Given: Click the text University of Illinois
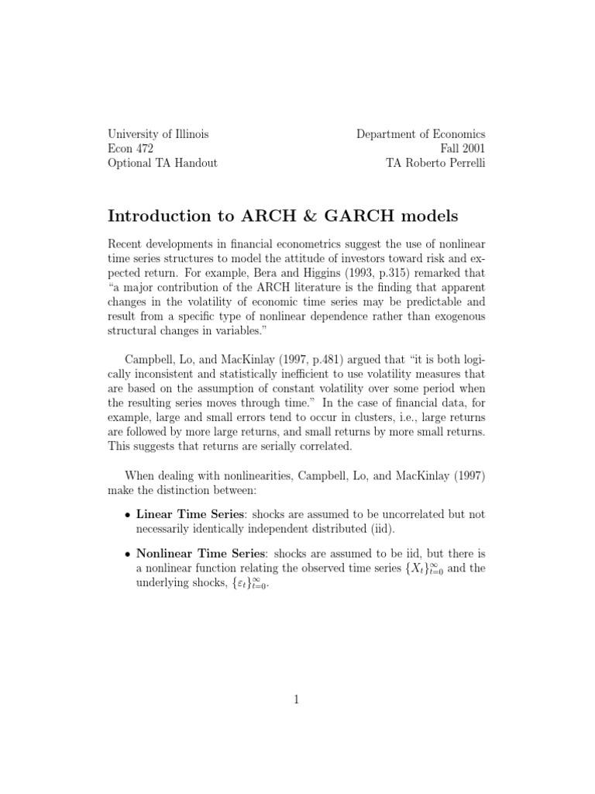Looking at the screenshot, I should click(157, 134).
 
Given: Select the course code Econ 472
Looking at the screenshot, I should click(130, 149).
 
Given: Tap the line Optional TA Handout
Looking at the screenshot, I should click(162, 164).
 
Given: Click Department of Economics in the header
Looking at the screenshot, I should click(421, 134).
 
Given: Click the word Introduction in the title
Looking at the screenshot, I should click(156, 215).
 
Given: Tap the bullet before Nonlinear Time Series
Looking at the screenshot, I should click(127, 554).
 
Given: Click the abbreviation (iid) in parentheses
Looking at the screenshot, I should click(380, 530).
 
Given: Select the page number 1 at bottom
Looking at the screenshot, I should click(297, 699).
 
